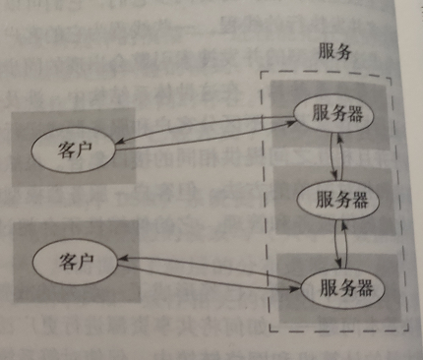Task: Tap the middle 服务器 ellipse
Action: tap(339, 201)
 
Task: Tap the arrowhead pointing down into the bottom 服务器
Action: tap(342, 265)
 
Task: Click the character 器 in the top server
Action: tap(355, 111)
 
